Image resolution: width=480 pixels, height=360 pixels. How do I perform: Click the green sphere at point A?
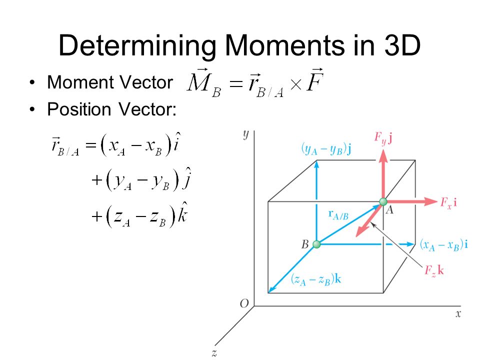(x=383, y=202)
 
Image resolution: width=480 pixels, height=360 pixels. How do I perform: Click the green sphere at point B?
(x=316, y=244)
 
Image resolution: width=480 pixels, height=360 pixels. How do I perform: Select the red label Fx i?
(x=449, y=202)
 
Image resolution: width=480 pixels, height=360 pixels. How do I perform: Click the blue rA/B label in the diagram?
(x=338, y=214)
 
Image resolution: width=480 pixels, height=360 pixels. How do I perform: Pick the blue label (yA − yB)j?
(x=325, y=148)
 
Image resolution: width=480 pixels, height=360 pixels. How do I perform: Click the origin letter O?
(x=244, y=304)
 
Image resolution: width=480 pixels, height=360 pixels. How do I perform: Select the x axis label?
(x=457, y=314)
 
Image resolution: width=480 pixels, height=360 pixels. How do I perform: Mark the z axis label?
(x=213, y=353)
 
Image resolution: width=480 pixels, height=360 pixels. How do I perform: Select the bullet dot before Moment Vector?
(x=33, y=82)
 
